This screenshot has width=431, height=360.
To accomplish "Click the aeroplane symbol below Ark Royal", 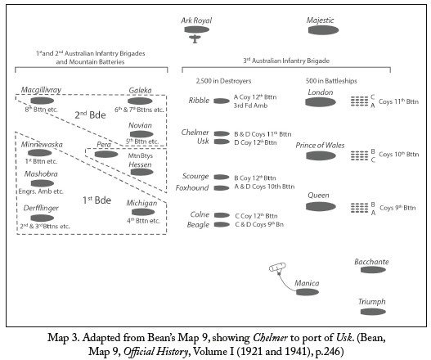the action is [195, 38].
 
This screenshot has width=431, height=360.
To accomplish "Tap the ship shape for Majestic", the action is [323, 30].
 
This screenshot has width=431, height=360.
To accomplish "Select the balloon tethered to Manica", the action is [277, 268].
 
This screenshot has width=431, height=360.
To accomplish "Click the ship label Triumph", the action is [371, 302].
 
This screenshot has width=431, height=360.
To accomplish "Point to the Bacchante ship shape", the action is [373, 270].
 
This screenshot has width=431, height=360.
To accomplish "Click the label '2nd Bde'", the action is [90, 115].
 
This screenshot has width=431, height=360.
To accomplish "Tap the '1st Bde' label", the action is [97, 200].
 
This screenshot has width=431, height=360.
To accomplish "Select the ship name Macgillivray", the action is [41, 90].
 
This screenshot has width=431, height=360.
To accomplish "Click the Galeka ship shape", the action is [140, 101].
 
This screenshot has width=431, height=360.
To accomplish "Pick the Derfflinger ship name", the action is [41, 208].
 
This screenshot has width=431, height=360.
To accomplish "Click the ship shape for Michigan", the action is [143, 212].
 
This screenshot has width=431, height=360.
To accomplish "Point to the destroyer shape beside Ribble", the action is [222, 101].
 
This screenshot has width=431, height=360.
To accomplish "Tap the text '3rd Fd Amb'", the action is [250, 106].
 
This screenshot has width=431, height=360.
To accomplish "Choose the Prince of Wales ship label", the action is [320, 145].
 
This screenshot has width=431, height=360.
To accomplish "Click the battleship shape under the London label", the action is [321, 102].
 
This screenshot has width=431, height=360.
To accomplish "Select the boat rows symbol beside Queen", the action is [359, 208].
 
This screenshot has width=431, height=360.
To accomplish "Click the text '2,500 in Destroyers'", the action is [223, 81].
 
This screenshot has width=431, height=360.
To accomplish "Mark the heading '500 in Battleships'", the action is [331, 81].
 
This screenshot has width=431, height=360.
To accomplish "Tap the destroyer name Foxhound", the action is [192, 188].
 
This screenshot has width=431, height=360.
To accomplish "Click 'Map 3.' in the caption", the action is [63, 337].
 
